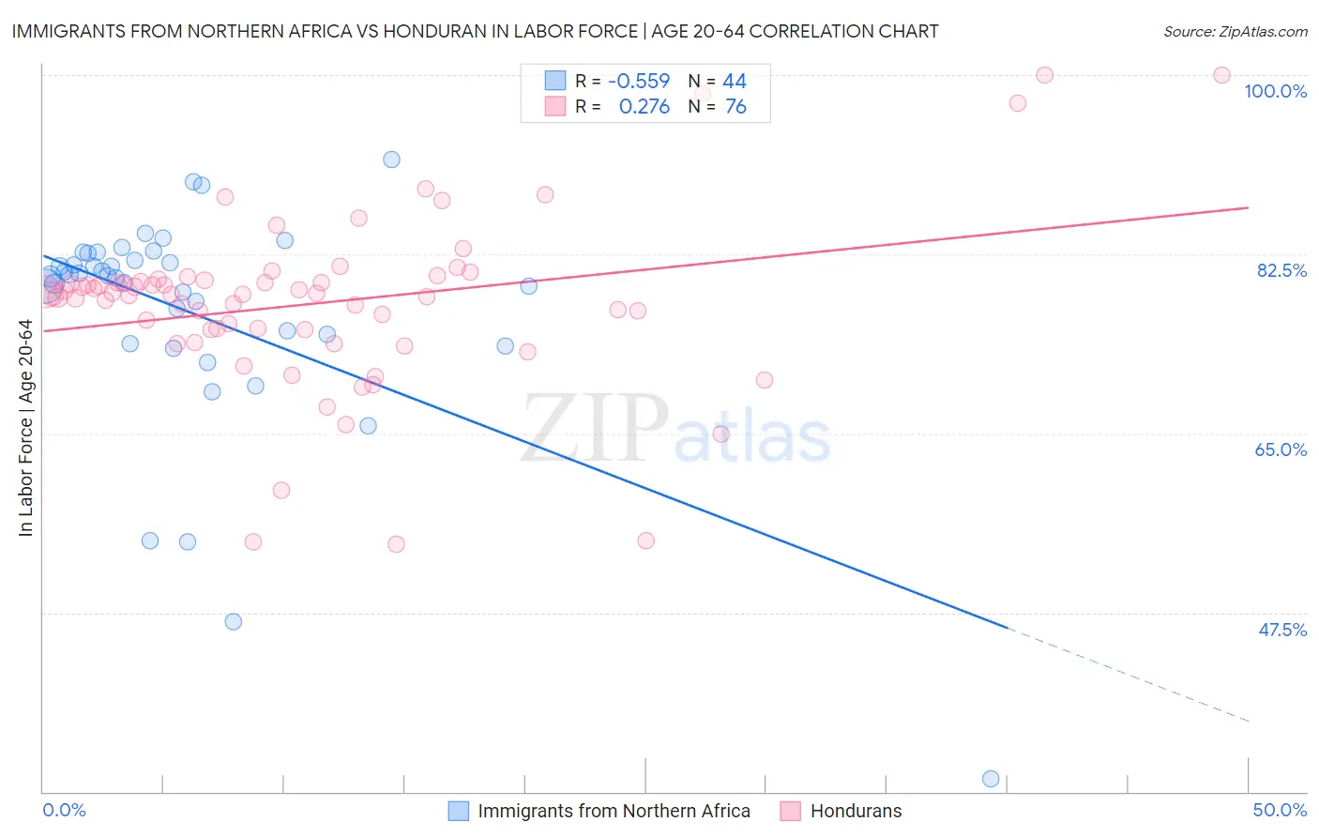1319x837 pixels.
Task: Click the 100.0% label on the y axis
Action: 1275,91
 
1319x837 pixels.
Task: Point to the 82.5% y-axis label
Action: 1281,270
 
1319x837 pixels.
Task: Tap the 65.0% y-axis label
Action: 1281,449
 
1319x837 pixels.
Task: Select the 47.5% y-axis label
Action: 1281,630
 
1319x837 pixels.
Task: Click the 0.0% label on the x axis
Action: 64,810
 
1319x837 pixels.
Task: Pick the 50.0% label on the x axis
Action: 1280,810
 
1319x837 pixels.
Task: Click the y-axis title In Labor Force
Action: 25,428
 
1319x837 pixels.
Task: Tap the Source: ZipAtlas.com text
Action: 1235,31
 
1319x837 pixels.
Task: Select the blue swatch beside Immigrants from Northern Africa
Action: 458,811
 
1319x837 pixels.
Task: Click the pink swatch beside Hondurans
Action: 790,811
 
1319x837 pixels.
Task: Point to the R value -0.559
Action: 639,81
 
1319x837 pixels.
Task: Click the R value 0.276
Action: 644,107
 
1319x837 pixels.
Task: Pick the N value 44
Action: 735,81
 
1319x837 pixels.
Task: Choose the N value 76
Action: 735,107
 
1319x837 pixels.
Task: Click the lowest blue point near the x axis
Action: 991,779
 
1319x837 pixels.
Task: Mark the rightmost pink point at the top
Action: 1221,75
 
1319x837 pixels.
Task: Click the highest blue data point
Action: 392,160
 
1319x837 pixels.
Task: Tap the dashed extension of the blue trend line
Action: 1126,673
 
